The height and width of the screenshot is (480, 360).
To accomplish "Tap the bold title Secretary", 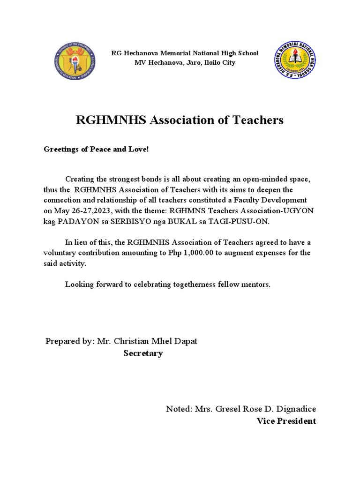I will click(x=143, y=353).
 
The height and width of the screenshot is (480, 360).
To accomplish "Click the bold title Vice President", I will click(x=286, y=421).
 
